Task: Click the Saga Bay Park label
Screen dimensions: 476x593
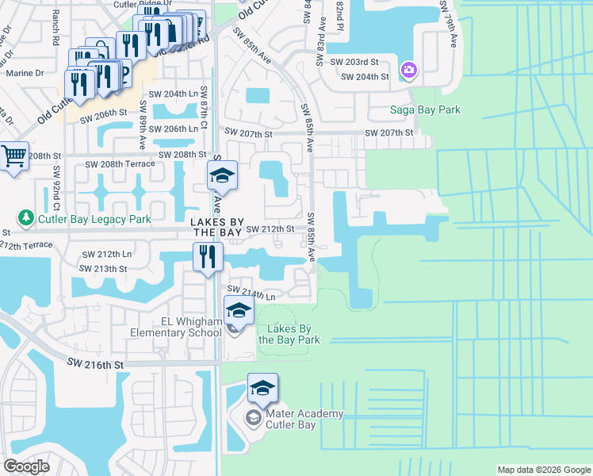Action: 425,109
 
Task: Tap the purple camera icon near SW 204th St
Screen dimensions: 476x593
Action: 409,71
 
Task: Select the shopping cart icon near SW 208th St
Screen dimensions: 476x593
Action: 14,156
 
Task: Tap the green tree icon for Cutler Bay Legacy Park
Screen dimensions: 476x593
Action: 25,217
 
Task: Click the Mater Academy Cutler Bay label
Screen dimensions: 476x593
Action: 304,419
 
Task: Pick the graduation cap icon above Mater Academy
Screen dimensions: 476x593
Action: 262,389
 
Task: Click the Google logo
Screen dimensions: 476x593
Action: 26,466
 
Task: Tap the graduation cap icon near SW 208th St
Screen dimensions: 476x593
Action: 223,174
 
